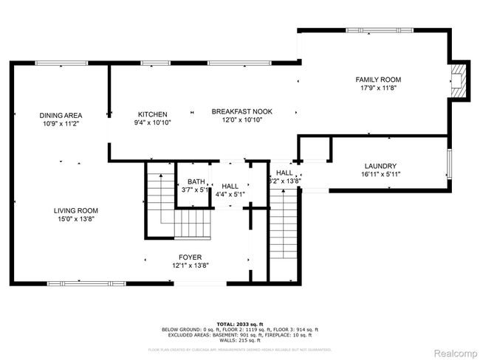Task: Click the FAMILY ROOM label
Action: [378, 79]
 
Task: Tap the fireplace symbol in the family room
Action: [459, 80]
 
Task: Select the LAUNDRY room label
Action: [381, 166]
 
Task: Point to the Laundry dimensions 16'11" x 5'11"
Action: [381, 174]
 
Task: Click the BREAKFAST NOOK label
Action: [237, 111]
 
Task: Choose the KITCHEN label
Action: [153, 114]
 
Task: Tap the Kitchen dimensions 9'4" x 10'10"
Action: [153, 123]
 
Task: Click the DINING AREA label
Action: [61, 115]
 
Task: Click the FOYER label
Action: [169, 257]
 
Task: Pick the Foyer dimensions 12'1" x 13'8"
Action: [169, 266]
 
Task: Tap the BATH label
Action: [196, 181]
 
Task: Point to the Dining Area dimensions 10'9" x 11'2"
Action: [61, 124]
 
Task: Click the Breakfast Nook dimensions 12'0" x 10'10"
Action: [237, 120]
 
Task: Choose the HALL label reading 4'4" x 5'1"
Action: [230, 187]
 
